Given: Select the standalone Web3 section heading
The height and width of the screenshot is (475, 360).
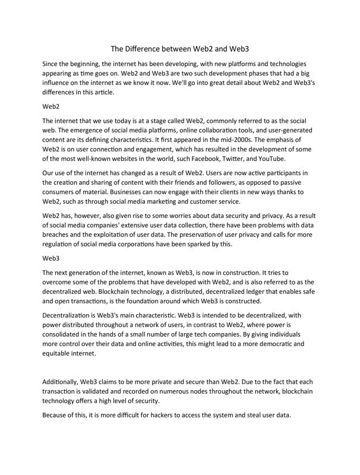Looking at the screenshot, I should click(x=52, y=259).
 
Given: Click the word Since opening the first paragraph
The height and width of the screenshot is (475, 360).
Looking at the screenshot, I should click(x=52, y=64).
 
